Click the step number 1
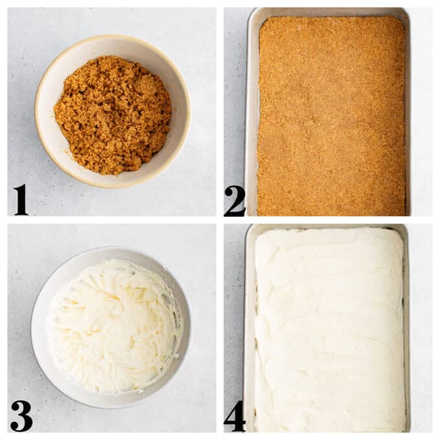tap(21, 199)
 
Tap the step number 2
tap(235, 201)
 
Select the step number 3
tap(21, 416)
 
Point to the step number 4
tap(235, 416)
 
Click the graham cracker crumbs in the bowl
tap(113, 115)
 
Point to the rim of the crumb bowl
tap(113, 38)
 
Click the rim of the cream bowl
tap(111, 248)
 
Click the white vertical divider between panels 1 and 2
tap(220, 112)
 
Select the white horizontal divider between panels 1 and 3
tap(112, 220)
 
